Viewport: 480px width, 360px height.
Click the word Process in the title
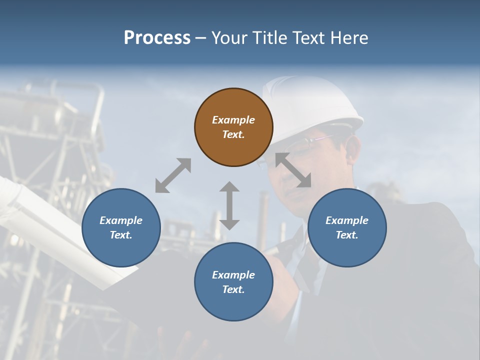[x=157, y=38]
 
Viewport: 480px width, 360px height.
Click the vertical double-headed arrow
[x=229, y=205]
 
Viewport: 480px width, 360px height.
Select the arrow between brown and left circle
[x=173, y=175]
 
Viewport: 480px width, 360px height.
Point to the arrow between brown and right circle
[x=293, y=170]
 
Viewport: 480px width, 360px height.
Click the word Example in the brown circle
[x=233, y=120]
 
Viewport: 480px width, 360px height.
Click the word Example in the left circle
[x=121, y=220]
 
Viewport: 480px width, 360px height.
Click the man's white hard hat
[x=312, y=102]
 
